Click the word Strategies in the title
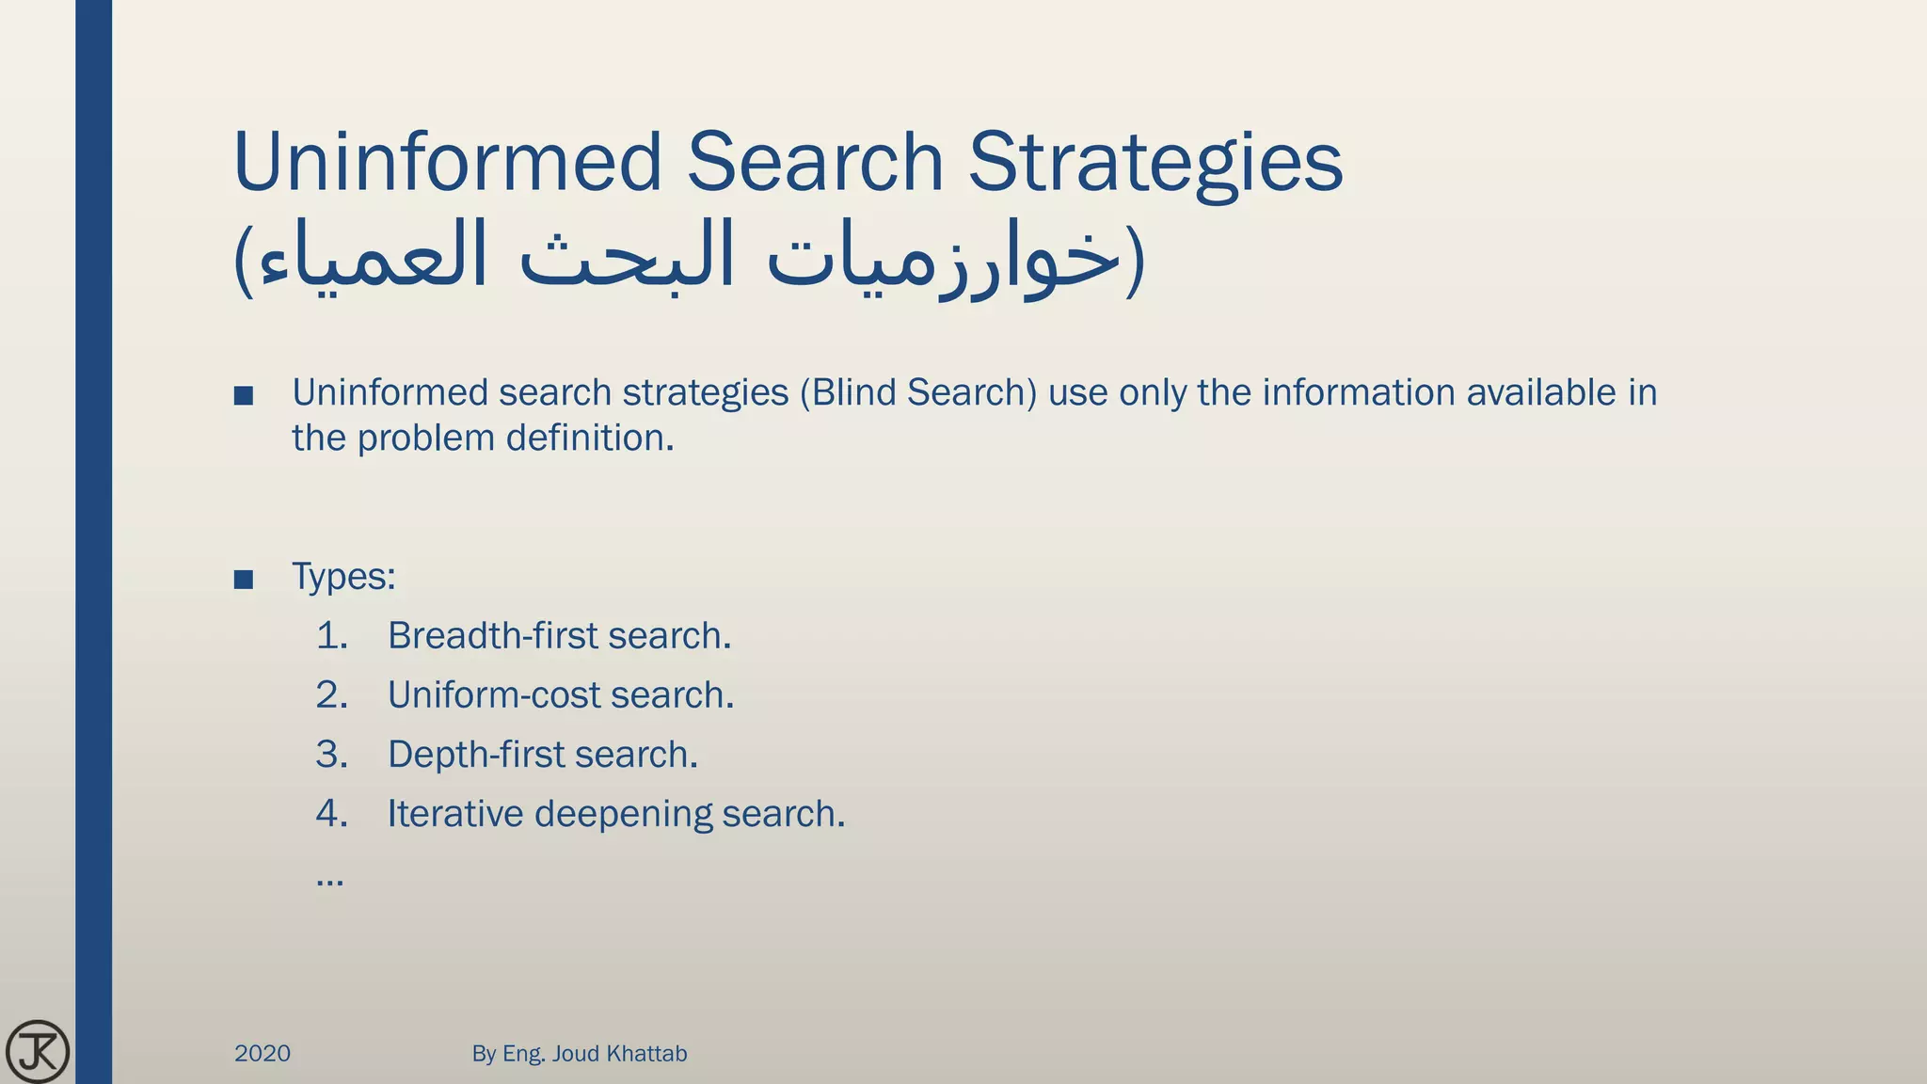(x=1155, y=162)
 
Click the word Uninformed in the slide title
(x=447, y=162)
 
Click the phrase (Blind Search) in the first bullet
(x=918, y=393)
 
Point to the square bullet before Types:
(x=244, y=580)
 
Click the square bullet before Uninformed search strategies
(x=244, y=396)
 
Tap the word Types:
(x=343, y=577)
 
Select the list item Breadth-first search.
(x=559, y=636)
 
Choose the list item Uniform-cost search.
(x=560, y=695)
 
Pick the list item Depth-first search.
(x=542, y=755)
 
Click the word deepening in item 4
(x=623, y=814)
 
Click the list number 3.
(x=331, y=755)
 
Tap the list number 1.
(x=331, y=636)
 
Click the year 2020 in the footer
(x=263, y=1053)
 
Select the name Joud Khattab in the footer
(x=619, y=1053)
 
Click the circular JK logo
(x=38, y=1051)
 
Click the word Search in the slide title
(x=815, y=162)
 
